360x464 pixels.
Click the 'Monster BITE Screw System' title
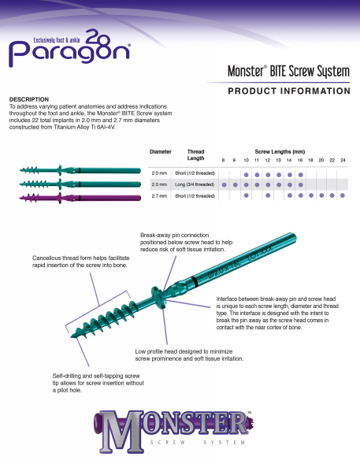click(x=288, y=72)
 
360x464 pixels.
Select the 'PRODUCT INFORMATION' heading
click(x=288, y=91)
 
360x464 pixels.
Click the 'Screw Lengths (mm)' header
click(x=280, y=150)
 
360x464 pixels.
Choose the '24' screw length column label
click(x=343, y=160)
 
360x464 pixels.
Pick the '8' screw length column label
click(x=224, y=160)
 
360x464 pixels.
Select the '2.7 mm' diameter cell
click(x=159, y=195)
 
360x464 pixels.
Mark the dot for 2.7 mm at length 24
click(x=343, y=195)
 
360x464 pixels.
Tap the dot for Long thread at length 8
click(x=224, y=184)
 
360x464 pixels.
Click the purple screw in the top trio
click(x=79, y=196)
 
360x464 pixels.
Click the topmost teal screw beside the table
click(x=79, y=169)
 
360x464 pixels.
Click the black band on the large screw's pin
click(x=192, y=280)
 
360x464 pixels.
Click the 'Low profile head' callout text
click(x=189, y=354)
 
